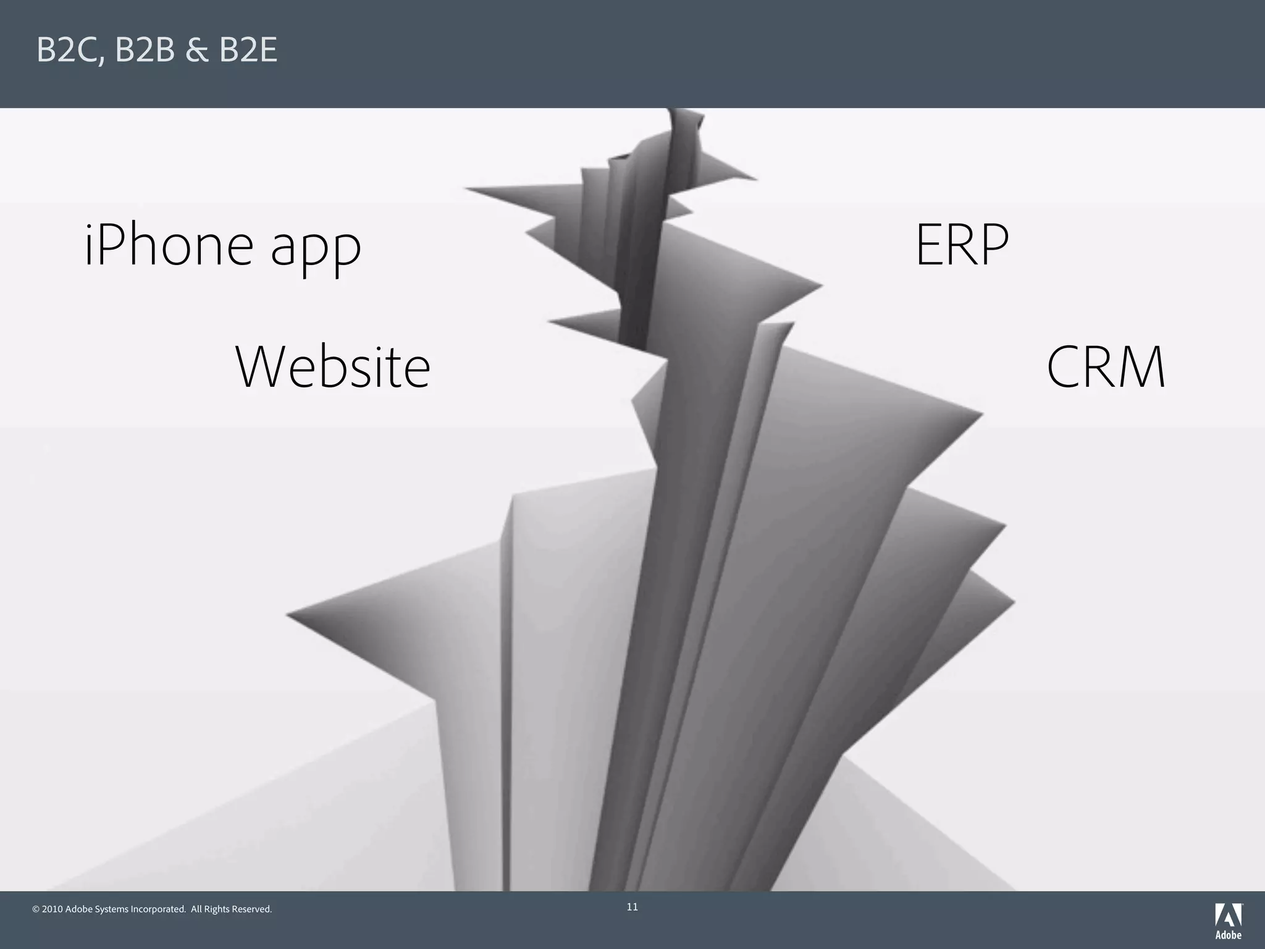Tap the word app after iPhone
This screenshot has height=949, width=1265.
tap(316, 250)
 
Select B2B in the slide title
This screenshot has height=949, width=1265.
tap(145, 51)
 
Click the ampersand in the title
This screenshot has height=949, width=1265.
tap(197, 51)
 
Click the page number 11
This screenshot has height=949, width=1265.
tap(632, 907)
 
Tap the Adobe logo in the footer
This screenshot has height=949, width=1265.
tap(1229, 921)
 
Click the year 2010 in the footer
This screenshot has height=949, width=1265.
tap(53, 909)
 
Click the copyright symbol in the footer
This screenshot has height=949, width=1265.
tap(36, 909)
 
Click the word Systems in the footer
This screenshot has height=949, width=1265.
tap(112, 909)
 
